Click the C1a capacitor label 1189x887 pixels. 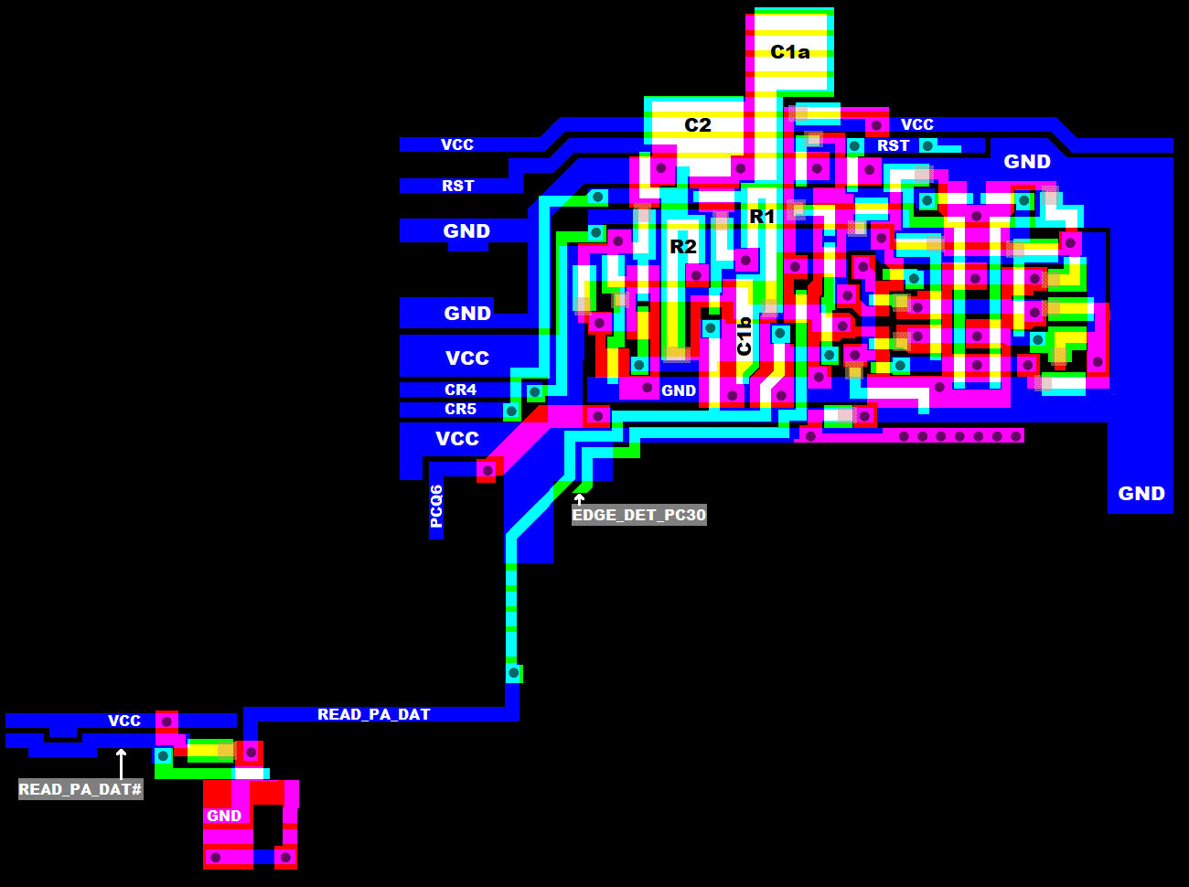790,52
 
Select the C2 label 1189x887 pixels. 697,125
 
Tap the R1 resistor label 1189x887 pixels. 762,217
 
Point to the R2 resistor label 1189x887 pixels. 683,247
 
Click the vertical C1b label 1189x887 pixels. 744,337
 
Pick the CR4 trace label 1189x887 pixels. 460,390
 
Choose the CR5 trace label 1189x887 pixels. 460,409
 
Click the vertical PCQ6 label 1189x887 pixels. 436,507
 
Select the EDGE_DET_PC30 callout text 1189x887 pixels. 639,515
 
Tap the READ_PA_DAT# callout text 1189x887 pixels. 80,789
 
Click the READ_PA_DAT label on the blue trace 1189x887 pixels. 374,714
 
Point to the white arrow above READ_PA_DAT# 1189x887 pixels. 122,764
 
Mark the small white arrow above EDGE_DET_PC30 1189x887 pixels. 580,499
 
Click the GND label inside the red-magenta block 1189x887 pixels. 224,816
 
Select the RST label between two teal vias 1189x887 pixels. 893,145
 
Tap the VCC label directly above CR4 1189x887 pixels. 467,358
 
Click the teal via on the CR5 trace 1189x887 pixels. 511,411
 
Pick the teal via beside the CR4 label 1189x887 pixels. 535,391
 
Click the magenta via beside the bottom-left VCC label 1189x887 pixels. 166,721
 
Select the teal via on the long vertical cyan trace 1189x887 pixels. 513,674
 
